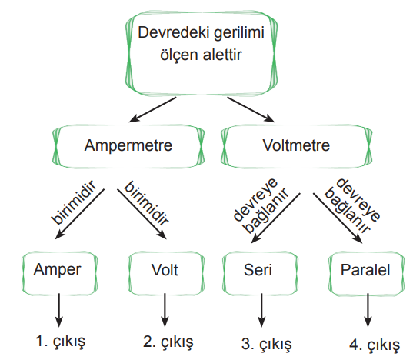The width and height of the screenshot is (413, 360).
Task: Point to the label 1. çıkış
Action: pos(61,341)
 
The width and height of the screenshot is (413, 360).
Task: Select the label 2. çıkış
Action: pos(168,342)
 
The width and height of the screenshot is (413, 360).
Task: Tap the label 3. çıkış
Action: pos(267,344)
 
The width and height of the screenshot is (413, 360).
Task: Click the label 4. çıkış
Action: pos(375,345)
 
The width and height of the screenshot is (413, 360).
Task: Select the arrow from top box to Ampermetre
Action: pos(152,109)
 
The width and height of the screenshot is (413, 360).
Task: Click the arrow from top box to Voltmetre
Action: pos(251,109)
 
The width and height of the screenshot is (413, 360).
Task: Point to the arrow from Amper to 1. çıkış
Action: pos(59,310)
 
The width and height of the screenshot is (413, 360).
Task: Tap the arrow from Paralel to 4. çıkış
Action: pos(368,310)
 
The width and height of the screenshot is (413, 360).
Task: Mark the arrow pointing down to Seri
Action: pos(275,218)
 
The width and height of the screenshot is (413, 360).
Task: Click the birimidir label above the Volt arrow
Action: pos(146,203)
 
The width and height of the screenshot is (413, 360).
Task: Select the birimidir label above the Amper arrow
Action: pos(74,202)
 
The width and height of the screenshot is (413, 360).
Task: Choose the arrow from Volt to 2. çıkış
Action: pos(165,310)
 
